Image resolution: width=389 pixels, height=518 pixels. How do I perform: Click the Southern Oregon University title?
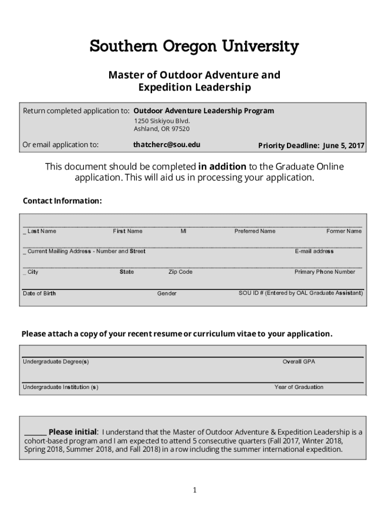[194, 47]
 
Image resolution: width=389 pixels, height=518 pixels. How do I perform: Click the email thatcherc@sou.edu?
[167, 145]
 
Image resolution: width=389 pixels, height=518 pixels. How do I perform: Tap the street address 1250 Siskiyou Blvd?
[162, 121]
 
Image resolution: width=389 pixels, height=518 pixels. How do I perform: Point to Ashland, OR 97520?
[162, 129]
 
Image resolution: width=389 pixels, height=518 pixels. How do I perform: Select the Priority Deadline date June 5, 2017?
[344, 146]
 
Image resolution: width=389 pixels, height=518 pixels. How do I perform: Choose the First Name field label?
[127, 231]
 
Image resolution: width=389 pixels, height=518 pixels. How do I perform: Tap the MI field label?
[183, 231]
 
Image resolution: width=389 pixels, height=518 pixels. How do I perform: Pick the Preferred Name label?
[255, 231]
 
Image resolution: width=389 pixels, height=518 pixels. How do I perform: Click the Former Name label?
[344, 231]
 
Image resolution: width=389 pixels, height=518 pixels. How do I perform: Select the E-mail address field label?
[314, 251]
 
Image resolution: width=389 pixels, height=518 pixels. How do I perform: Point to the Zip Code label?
[180, 272]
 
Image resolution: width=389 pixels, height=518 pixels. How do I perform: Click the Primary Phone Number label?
[324, 272]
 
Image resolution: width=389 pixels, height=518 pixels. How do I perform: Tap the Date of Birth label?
[39, 293]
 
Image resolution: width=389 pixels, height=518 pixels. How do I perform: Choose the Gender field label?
[167, 293]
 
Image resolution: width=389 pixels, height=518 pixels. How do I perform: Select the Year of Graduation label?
[299, 387]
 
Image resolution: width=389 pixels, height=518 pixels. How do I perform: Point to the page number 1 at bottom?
[194, 490]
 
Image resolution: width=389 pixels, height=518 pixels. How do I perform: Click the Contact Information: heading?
[62, 201]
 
